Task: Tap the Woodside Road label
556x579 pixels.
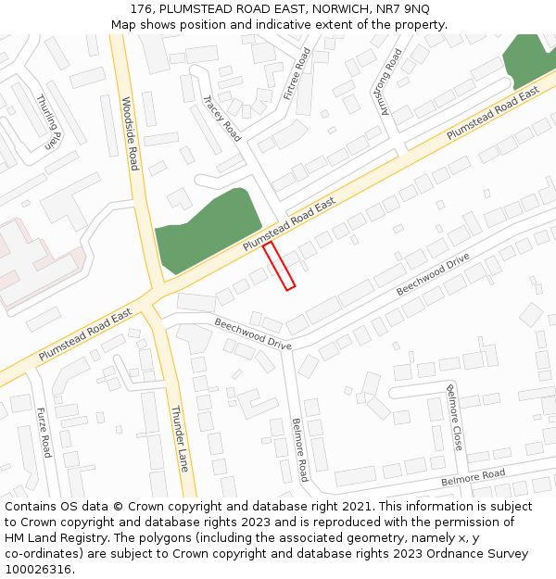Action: pos(131,133)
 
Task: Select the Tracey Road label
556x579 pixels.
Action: pos(222,116)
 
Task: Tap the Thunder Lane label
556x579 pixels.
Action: pos(179,438)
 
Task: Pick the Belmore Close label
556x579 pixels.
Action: pos(454,417)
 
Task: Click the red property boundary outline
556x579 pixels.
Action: pos(279,267)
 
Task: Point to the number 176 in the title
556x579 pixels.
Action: pos(142,8)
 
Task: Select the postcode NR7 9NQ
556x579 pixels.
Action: pos(402,8)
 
